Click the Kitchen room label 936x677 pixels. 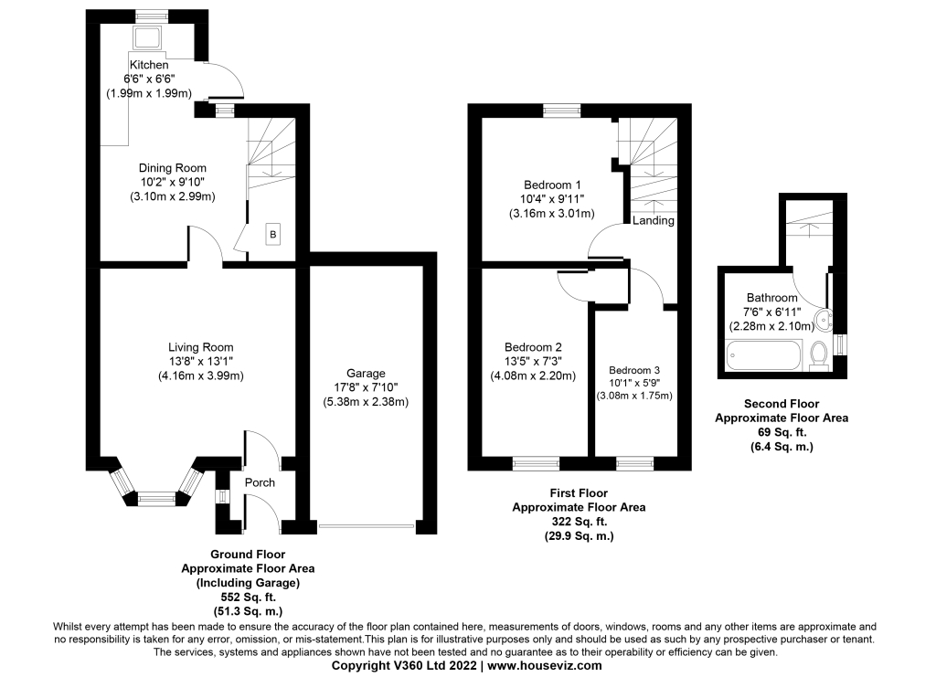[x=149, y=66]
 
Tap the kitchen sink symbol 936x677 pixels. [x=147, y=38]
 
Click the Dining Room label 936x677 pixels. [x=173, y=168]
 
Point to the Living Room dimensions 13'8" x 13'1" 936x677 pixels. [x=200, y=362]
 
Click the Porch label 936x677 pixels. [x=259, y=482]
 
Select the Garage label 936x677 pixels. [x=365, y=373]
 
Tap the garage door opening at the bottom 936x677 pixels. [x=366, y=526]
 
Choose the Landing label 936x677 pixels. [x=654, y=220]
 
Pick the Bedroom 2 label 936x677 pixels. [x=533, y=347]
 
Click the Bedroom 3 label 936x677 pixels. [x=634, y=369]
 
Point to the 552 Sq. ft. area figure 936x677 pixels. [x=247, y=596]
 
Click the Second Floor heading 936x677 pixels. [x=781, y=403]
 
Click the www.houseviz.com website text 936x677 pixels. [x=545, y=667]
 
